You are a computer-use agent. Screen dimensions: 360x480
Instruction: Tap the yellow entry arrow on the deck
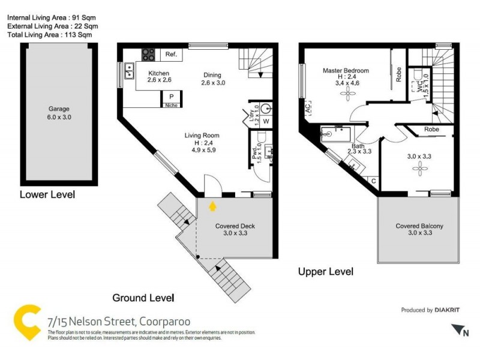[212, 206]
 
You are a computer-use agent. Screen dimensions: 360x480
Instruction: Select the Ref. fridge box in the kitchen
[170, 55]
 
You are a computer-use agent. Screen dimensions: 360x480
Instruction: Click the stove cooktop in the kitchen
[148, 55]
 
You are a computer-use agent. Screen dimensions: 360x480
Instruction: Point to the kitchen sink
[129, 74]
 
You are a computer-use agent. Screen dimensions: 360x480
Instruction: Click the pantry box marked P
[171, 97]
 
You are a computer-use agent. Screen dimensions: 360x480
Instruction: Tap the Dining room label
[212, 75]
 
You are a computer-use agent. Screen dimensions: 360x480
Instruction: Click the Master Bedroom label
[346, 71]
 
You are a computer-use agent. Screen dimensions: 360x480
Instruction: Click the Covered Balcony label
[419, 226]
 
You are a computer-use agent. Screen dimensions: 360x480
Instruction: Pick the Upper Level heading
[326, 272]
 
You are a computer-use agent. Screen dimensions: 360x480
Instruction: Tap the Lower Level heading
[47, 195]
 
